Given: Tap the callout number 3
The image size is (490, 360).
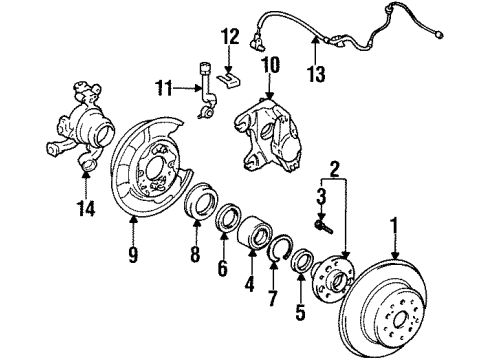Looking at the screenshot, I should pos(322,196).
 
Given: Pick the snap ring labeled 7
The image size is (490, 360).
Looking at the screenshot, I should pos(282,263).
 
